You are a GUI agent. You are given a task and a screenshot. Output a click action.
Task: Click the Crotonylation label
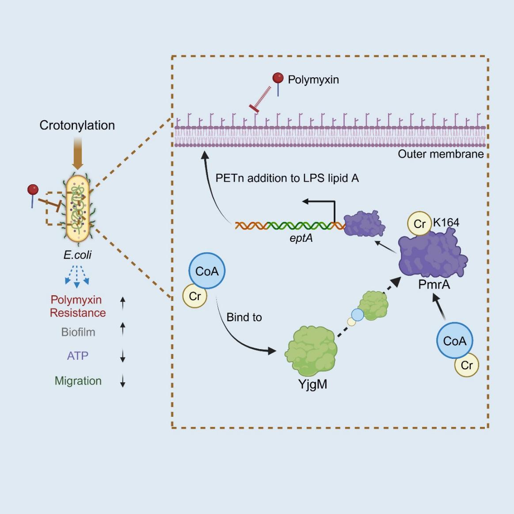(77, 126)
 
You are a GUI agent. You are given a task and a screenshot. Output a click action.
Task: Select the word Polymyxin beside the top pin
(313, 80)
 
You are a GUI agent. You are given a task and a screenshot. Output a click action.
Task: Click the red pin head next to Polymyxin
(278, 78)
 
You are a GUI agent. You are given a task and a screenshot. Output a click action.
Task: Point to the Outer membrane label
(441, 154)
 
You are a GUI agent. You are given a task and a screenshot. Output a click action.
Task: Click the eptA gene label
(301, 238)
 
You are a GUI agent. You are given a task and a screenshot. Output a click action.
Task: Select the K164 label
(446, 222)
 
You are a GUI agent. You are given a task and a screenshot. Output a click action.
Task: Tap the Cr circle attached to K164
(419, 224)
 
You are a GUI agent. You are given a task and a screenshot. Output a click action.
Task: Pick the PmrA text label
(434, 284)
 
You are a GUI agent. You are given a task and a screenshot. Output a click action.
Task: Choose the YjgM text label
(312, 384)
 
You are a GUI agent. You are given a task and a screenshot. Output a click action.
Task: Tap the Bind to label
(244, 317)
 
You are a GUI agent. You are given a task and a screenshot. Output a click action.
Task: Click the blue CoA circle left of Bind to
(207, 271)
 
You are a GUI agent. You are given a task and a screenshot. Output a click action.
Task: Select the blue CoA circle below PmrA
(454, 341)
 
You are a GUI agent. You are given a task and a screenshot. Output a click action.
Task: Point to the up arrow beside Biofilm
(123, 330)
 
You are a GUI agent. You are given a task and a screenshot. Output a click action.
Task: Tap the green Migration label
(78, 381)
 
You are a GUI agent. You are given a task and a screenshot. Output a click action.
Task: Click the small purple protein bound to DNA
(364, 224)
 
